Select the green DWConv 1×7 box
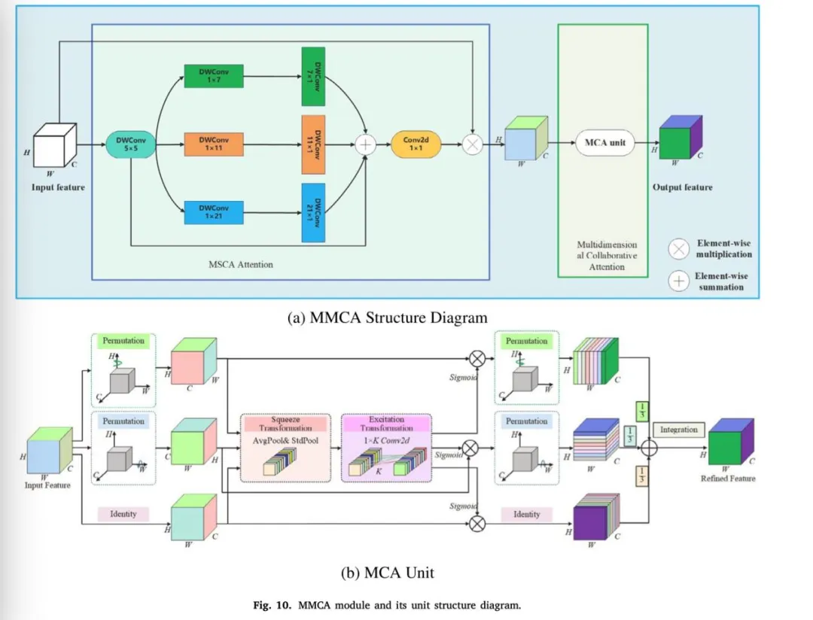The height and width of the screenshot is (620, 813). tap(214, 75)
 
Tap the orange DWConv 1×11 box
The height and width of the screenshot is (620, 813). tap(214, 144)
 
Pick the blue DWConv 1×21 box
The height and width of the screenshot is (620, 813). tap(214, 212)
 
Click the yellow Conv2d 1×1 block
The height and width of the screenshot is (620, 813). tap(416, 144)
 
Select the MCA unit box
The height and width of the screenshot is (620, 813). tap(604, 143)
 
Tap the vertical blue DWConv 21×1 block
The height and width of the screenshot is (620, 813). tap(313, 212)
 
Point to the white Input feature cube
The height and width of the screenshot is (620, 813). tap(55, 141)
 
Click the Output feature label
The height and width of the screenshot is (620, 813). tap(682, 187)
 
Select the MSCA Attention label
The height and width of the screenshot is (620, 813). tap(241, 264)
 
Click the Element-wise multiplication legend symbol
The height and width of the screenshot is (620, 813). tap(679, 248)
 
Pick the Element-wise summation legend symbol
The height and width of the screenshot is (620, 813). tap(679, 281)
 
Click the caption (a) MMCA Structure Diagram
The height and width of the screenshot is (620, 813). tap(388, 318)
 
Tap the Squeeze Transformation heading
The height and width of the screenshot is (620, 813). tap(285, 423)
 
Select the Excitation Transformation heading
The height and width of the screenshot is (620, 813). tap(386, 423)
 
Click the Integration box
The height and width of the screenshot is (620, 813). tap(679, 430)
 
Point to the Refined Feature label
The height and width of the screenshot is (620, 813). tap(727, 479)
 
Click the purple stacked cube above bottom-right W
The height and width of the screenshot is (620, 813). tap(592, 520)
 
